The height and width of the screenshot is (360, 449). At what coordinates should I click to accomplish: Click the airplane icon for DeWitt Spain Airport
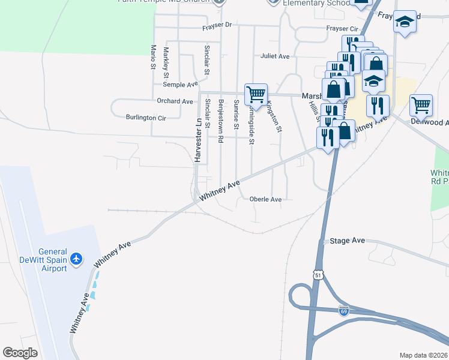tap(76, 259)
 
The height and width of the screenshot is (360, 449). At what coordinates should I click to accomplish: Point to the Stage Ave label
tap(348, 241)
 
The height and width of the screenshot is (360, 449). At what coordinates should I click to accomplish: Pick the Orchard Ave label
tap(175, 101)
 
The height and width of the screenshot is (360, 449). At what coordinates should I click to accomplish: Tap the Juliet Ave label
tap(275, 56)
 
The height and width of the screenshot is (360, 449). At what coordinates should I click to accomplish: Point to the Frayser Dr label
tap(217, 25)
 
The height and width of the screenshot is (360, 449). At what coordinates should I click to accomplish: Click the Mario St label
tap(153, 56)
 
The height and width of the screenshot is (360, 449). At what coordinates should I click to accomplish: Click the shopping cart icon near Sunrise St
tap(256, 94)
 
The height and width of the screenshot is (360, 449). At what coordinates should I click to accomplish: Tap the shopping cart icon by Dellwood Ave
tap(421, 104)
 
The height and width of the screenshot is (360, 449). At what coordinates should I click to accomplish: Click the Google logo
tap(20, 353)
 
